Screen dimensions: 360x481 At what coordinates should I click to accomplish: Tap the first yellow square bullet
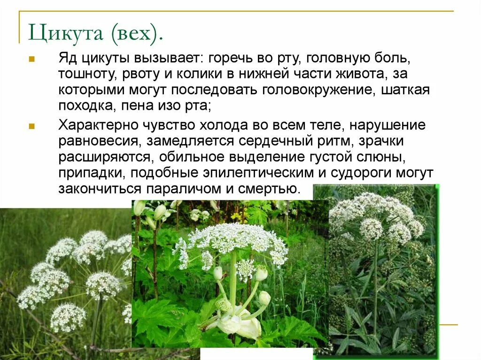pyautogui.click(x=31, y=61)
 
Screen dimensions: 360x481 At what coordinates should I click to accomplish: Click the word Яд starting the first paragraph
pyautogui.click(x=67, y=60)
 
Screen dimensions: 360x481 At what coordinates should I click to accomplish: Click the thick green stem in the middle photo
pyautogui.click(x=233, y=277)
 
